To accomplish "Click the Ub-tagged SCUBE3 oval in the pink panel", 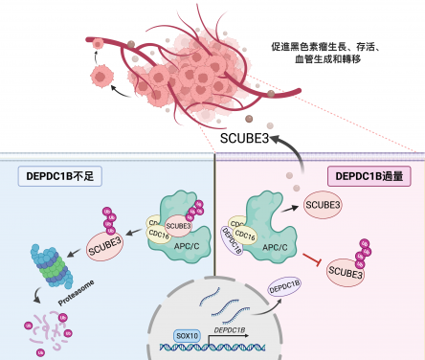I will point(346,274).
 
